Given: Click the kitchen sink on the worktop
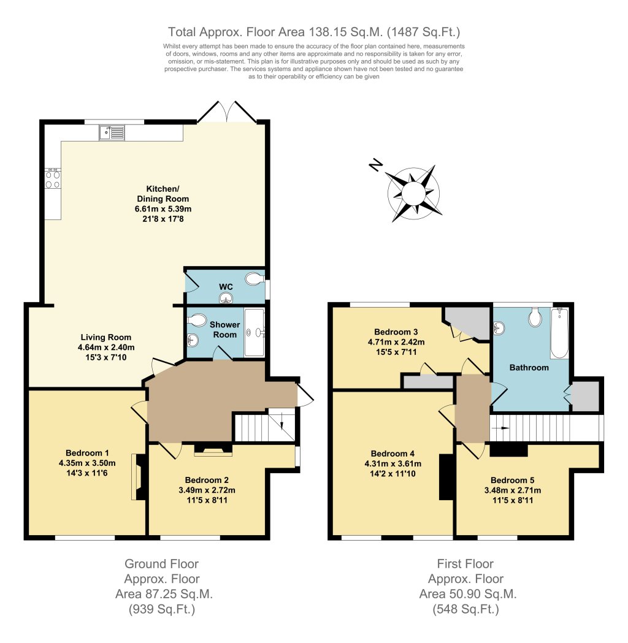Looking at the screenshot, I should pyautogui.click(x=112, y=132).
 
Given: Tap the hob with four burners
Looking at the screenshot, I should pyautogui.click(x=53, y=178).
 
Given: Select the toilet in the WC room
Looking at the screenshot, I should pyautogui.click(x=253, y=280).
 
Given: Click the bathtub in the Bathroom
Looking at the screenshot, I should pyautogui.click(x=560, y=333).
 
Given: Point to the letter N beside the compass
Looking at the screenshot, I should pyautogui.click(x=375, y=165).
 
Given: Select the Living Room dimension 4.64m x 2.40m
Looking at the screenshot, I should pyautogui.click(x=106, y=348).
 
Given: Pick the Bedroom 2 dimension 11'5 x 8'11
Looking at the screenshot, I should pyautogui.click(x=207, y=500).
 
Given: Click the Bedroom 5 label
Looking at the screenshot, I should pyautogui.click(x=516, y=480).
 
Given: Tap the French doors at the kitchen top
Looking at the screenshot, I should pyautogui.click(x=227, y=112).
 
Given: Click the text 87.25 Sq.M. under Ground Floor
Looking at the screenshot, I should pyautogui.click(x=164, y=594).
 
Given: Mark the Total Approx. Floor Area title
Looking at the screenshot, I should pyautogui.click(x=314, y=31).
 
